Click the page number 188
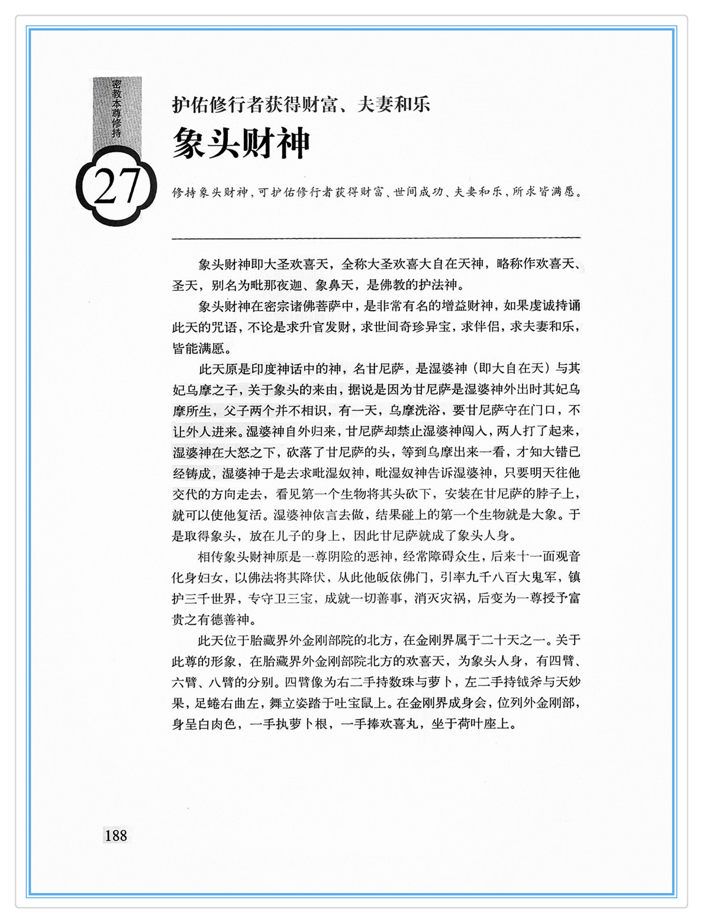(115, 835)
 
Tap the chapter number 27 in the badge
(117, 187)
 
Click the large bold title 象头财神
(241, 143)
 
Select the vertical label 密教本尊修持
(117, 110)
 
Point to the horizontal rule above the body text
(376, 238)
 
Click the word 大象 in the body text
(545, 515)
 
